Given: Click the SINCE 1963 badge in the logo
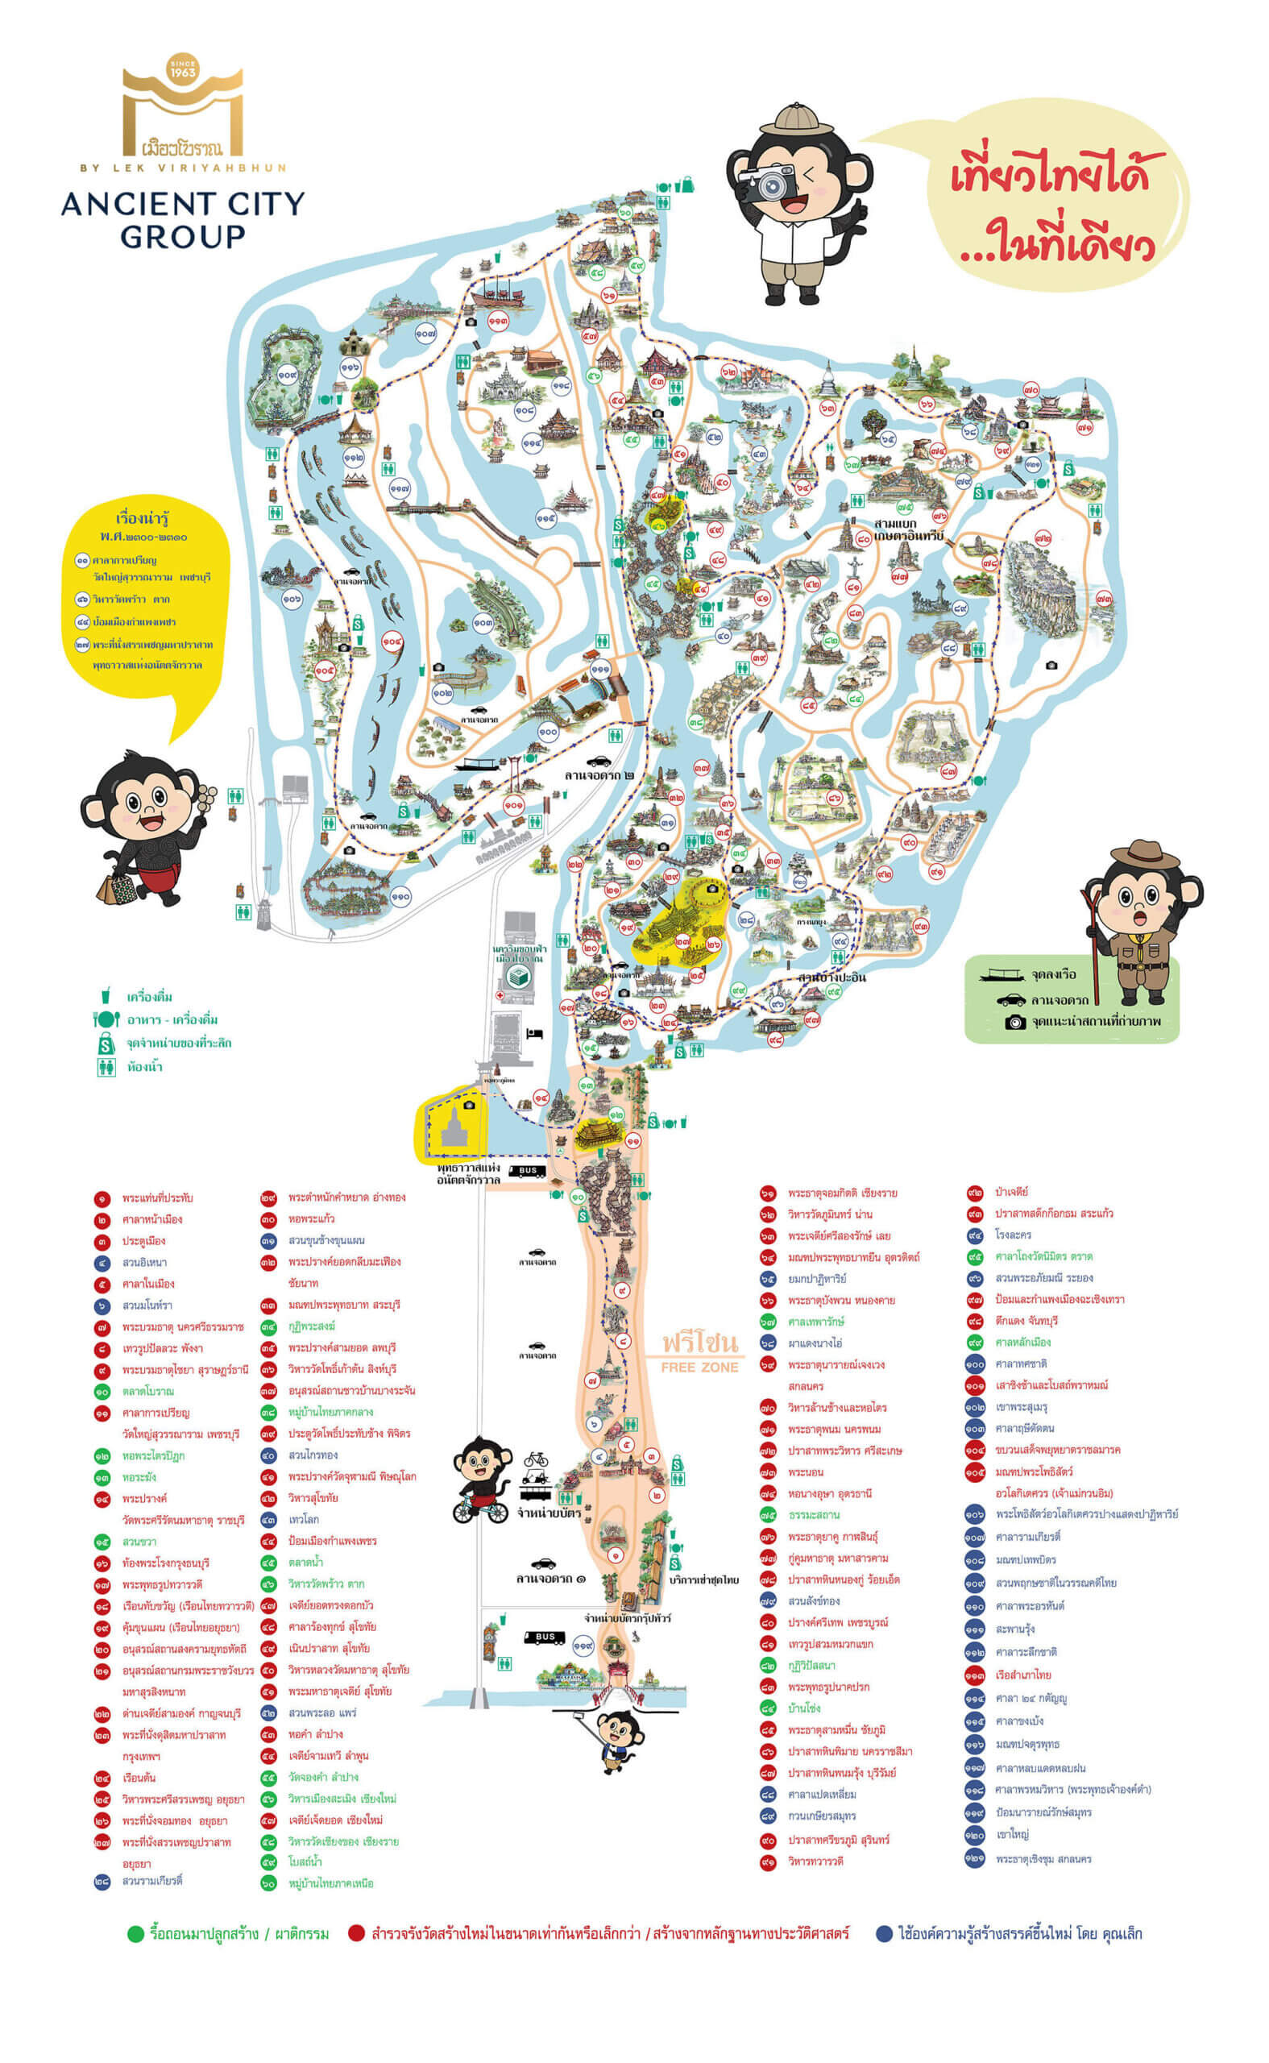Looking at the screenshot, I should point(182,68).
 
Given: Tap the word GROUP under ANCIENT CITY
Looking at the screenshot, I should point(182,237).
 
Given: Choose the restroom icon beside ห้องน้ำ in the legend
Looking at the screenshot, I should point(106,1067).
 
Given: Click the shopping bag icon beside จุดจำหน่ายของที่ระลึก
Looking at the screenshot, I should point(106,1044).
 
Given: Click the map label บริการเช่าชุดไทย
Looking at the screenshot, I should point(704,1579).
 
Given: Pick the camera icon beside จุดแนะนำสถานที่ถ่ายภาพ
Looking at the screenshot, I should point(1014,1023).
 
